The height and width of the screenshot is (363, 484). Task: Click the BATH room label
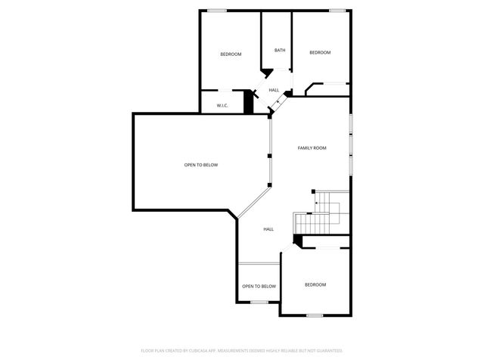coord(280,51)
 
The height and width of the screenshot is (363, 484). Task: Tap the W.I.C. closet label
coord(222,105)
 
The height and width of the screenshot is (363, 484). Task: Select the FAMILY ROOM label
coord(312,147)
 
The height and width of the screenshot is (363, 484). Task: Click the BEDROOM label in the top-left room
coord(231,54)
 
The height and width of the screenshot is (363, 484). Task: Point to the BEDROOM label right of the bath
coord(320,52)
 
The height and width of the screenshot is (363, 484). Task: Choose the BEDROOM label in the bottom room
coord(315,284)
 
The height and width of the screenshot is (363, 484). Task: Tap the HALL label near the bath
coord(274,90)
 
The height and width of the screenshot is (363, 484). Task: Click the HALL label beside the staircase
coord(268,228)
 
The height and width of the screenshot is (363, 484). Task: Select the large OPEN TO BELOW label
coord(201,164)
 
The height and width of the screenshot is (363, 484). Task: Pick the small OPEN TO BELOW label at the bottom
coord(259,286)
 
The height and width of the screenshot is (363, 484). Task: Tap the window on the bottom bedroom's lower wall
coord(315,315)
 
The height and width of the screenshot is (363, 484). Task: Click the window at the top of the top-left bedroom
coord(218,10)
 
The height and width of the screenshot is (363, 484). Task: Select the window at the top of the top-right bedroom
coord(337,10)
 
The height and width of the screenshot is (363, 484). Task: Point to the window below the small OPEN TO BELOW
coord(259,302)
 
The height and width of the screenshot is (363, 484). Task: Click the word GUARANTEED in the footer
coord(328,351)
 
